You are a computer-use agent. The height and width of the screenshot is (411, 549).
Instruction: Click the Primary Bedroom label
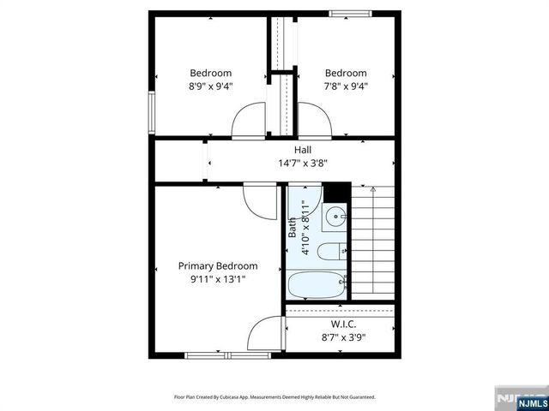pos(217,266)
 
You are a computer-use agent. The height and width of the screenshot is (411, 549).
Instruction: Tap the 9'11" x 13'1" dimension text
pos(217,279)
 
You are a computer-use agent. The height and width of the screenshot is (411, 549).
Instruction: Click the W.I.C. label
pos(343,325)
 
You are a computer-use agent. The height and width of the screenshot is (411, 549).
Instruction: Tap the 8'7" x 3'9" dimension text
pos(343,337)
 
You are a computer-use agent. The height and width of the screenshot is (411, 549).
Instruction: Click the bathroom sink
pos(335,217)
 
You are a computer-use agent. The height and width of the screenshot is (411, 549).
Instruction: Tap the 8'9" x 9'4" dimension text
pos(210,86)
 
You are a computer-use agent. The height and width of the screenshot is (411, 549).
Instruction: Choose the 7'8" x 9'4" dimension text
pos(346,86)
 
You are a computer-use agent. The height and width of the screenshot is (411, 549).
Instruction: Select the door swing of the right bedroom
pos(315,118)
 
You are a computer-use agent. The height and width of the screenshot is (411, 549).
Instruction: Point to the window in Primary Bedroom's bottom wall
pos(215,354)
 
